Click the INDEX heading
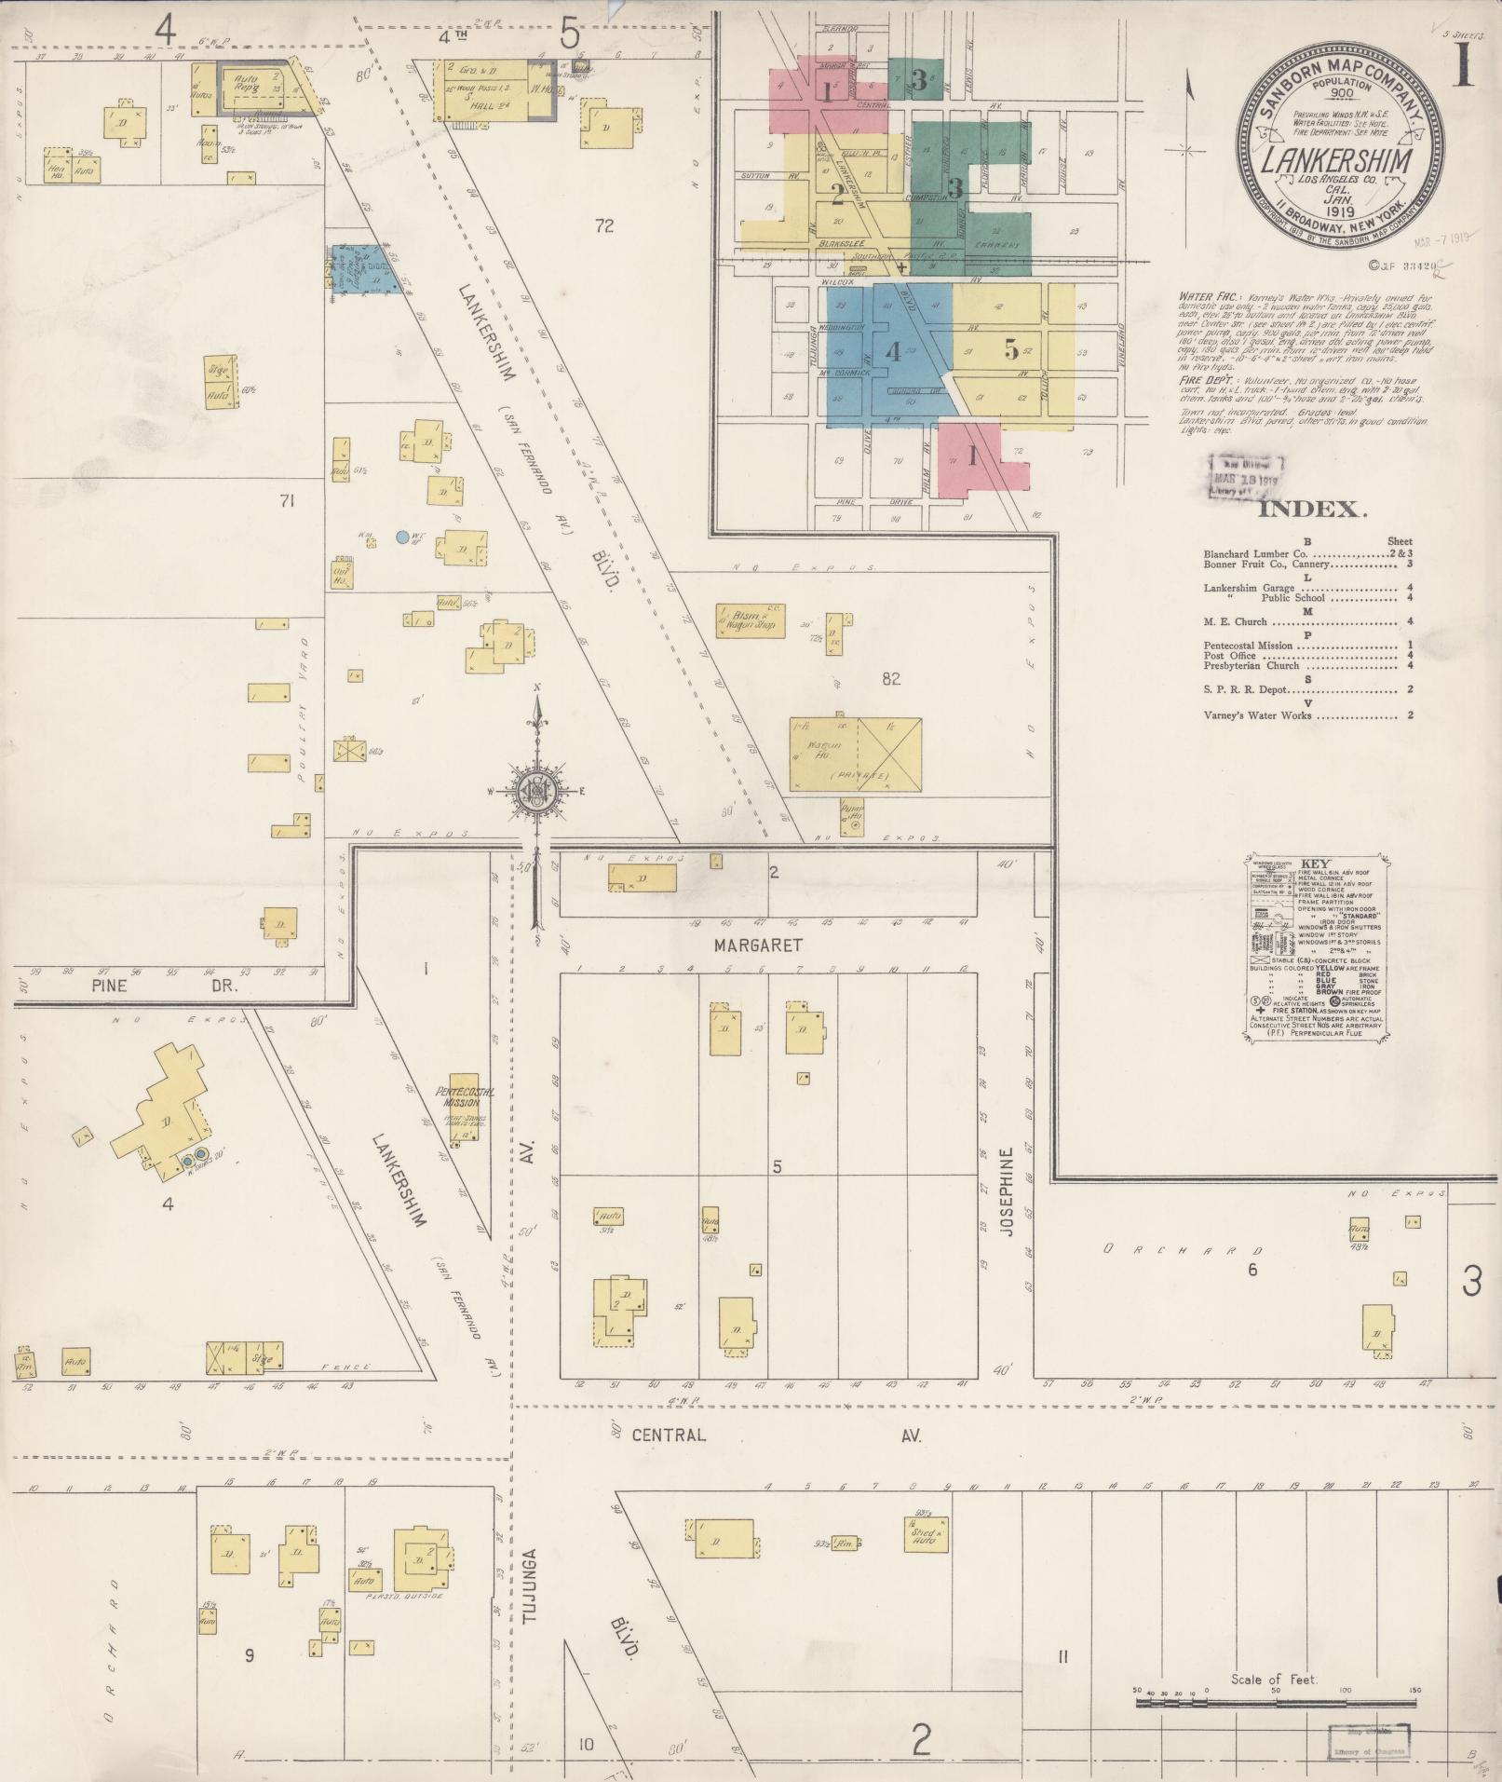point(1312,510)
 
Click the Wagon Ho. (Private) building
point(855,755)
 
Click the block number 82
point(891,679)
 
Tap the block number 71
point(286,502)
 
